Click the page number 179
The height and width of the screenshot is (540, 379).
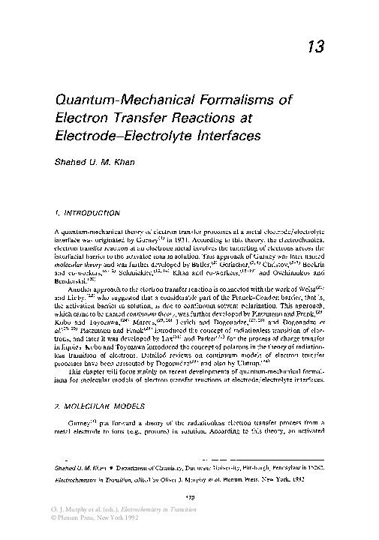click(x=189, y=498)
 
